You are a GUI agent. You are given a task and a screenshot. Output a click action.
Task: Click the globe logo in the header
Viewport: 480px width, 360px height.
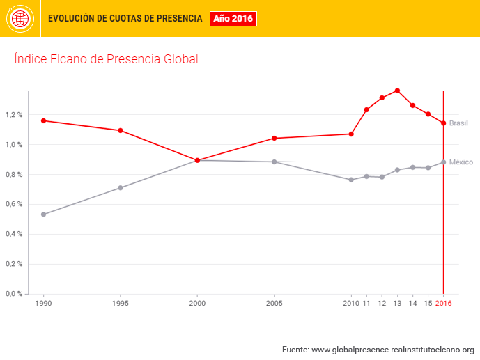20,19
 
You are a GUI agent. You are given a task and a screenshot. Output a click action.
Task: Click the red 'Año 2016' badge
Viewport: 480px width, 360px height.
233,19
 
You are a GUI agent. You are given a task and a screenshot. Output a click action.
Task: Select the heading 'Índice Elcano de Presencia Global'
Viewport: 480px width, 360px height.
106,59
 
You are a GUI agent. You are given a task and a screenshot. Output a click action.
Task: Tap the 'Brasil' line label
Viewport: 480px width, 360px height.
458,123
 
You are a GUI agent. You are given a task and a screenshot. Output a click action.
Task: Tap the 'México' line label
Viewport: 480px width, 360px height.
460,162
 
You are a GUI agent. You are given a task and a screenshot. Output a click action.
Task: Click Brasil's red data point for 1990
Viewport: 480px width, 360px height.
43,120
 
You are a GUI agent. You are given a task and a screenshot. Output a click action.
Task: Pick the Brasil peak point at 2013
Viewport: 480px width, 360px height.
397,91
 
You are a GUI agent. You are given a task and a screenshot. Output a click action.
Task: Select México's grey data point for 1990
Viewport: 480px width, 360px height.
43,214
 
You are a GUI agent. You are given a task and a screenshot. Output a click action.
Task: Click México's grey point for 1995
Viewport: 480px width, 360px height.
121,188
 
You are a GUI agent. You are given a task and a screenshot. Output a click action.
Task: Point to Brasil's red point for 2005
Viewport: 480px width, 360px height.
274,138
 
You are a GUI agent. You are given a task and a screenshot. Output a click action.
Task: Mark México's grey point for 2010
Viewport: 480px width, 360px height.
351,180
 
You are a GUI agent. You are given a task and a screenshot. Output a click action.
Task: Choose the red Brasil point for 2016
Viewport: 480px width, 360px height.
443,123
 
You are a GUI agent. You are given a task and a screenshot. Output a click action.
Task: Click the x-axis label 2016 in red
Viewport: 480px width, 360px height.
443,304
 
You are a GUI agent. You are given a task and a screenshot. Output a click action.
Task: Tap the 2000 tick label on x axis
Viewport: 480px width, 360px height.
197,304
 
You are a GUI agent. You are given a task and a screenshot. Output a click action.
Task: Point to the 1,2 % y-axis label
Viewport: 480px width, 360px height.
14,115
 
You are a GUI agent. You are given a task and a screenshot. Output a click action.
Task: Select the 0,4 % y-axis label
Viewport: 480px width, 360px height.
14,234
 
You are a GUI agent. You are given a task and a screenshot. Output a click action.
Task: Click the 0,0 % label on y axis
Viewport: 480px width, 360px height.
14,293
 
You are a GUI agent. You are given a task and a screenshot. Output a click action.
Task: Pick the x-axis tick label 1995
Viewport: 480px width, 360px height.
121,304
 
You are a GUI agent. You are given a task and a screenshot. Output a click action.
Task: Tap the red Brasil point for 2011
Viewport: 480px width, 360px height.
366,109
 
